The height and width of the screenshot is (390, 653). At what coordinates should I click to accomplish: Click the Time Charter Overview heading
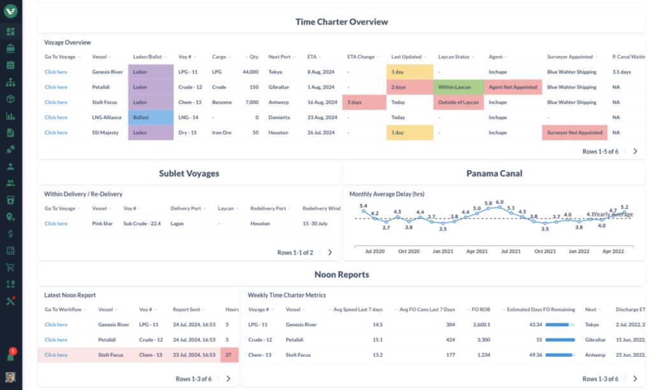(341, 22)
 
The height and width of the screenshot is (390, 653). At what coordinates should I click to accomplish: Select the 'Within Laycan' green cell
(458, 87)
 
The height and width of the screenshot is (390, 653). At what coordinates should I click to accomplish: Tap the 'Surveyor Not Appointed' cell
(573, 133)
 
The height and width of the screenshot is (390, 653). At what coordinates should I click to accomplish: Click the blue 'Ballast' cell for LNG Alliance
(150, 117)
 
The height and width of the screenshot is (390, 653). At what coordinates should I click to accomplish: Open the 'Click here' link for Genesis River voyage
(55, 72)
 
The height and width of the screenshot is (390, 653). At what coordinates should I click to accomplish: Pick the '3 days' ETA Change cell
(363, 102)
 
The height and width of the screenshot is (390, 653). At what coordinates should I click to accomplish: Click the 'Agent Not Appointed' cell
(513, 87)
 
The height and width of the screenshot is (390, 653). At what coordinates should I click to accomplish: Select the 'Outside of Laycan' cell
(458, 102)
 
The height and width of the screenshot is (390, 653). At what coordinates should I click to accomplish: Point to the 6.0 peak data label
(500, 202)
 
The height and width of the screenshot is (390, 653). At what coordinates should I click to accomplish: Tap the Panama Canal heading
(494, 173)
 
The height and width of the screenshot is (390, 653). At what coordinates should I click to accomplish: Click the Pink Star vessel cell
(103, 224)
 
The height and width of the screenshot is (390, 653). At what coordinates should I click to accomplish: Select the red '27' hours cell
(229, 355)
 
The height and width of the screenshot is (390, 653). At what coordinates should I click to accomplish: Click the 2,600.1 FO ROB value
(481, 324)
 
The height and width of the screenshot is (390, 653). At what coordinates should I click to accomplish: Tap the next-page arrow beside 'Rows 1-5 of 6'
(635, 152)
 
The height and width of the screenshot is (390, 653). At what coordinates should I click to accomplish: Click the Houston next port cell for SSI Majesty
(279, 133)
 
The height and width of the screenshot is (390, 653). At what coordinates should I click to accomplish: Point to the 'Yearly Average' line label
(613, 215)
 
